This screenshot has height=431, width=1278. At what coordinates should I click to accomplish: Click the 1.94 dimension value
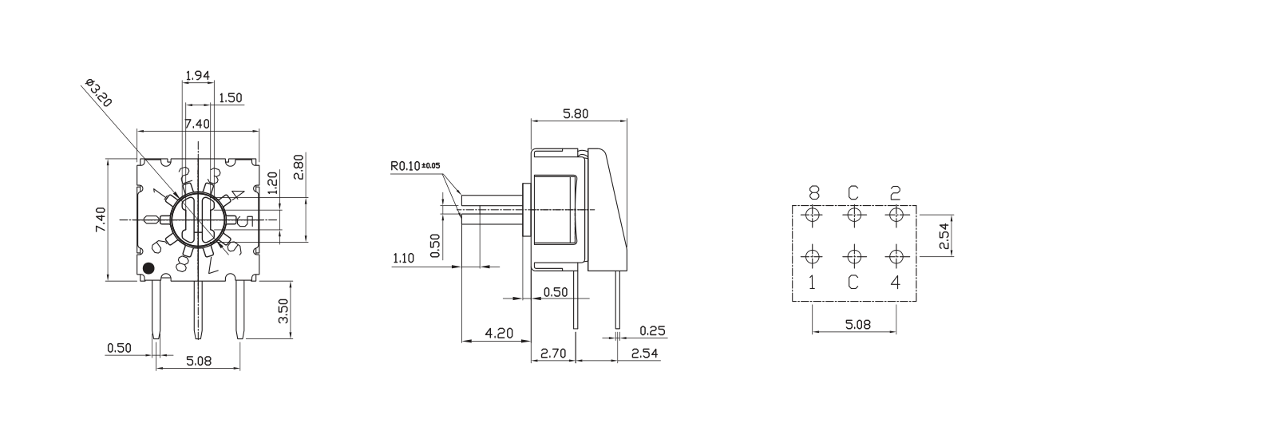tap(196, 76)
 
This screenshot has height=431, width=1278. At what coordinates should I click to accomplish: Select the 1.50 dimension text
tap(230, 98)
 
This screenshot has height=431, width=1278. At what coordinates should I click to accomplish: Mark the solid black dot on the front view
tap(148, 268)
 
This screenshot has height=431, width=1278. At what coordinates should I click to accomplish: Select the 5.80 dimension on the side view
tap(575, 114)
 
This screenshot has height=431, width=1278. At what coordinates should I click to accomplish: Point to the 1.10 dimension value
tap(405, 259)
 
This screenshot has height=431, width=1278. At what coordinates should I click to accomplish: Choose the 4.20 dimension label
tap(499, 333)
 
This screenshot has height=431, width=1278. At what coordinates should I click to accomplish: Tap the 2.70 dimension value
tap(553, 353)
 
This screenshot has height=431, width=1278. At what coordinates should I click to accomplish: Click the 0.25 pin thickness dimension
tap(652, 331)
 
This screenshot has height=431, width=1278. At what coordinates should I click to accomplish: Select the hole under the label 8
tap(813, 215)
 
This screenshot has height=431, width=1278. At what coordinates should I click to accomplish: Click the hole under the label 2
tap(896, 215)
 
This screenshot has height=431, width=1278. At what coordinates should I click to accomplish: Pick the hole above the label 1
tap(813, 256)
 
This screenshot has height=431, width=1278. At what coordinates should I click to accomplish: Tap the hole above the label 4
tap(896, 256)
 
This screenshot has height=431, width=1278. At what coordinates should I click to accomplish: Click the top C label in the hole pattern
tap(853, 193)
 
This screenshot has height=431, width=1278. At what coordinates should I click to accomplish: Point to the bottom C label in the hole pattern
tap(853, 282)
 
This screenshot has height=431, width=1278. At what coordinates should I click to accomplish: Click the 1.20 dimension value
tap(273, 183)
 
